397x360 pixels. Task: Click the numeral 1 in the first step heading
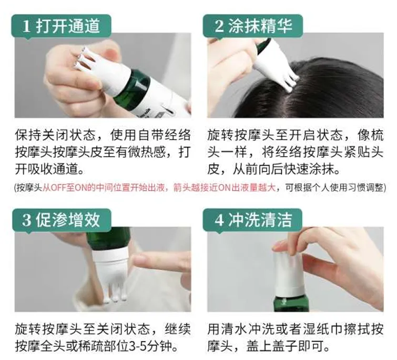tap(26, 26)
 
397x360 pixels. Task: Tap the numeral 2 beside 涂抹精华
tap(219, 26)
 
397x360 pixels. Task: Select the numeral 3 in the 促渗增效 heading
tap(26, 220)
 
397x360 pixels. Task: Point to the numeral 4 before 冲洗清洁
tap(219, 220)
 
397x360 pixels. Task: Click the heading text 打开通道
tap(68, 26)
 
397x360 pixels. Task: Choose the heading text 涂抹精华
tap(260, 26)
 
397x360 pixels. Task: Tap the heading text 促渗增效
tap(68, 220)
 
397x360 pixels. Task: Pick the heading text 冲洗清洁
tap(260, 220)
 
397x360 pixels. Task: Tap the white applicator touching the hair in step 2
tap(276, 66)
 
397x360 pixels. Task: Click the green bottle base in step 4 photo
tap(291, 303)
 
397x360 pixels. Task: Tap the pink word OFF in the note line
tap(58, 188)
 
